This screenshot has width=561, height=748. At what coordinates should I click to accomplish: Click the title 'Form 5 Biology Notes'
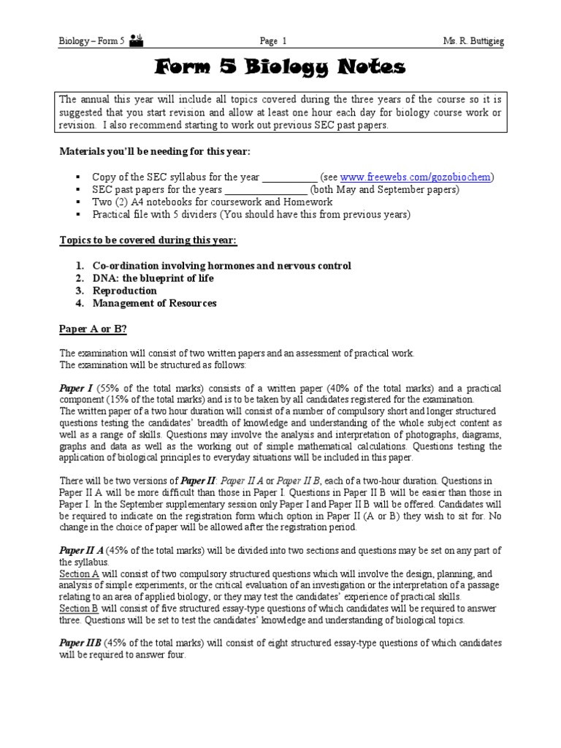coord(280,69)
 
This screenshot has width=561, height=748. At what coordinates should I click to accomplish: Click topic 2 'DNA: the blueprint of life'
coord(153,278)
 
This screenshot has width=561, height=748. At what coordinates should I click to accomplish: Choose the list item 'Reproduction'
coord(124,291)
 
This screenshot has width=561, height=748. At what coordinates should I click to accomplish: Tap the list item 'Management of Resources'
coord(154,303)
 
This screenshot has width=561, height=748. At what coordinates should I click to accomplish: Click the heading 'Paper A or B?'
coord(93,329)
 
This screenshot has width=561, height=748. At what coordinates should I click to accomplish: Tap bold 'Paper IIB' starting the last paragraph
coord(80,644)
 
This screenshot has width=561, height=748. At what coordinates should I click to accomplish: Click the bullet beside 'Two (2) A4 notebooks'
coord(75,202)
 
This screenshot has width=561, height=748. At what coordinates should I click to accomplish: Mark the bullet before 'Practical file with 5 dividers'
coord(75,215)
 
